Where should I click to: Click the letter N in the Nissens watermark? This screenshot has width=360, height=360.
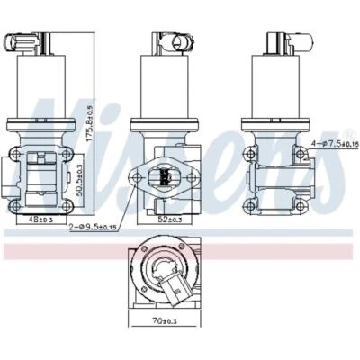[45, 135]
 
